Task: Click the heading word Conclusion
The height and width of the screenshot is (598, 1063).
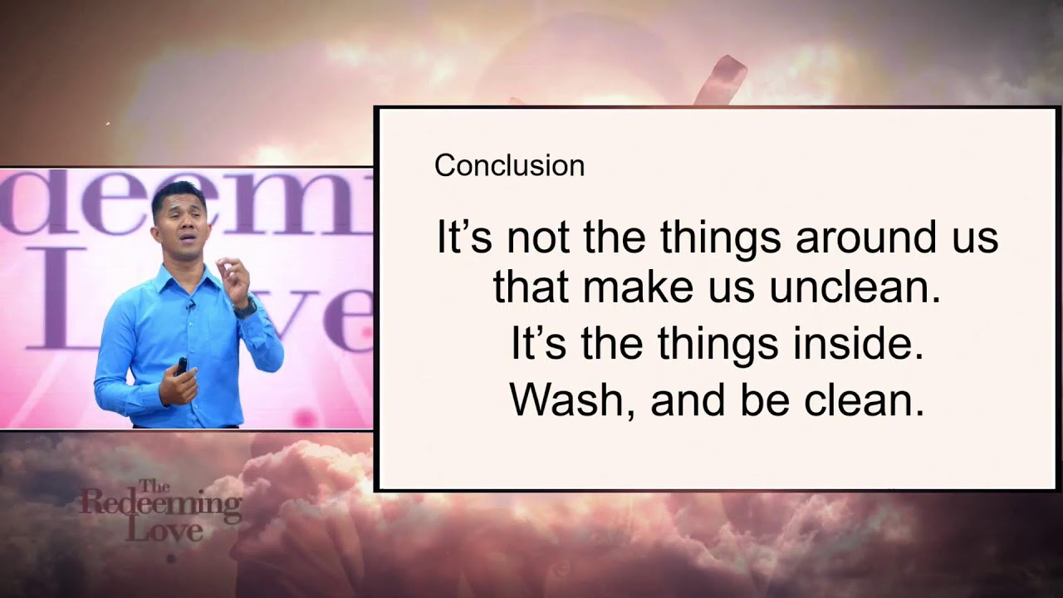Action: pos(509,165)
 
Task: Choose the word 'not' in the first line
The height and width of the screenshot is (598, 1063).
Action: pos(537,237)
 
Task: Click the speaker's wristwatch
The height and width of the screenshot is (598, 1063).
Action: pos(245,307)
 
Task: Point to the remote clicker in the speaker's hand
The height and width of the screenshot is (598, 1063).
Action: pos(182,366)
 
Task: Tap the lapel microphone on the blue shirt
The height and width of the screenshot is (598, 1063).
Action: pos(190,305)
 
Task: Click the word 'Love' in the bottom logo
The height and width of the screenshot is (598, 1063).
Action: pos(164,531)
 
